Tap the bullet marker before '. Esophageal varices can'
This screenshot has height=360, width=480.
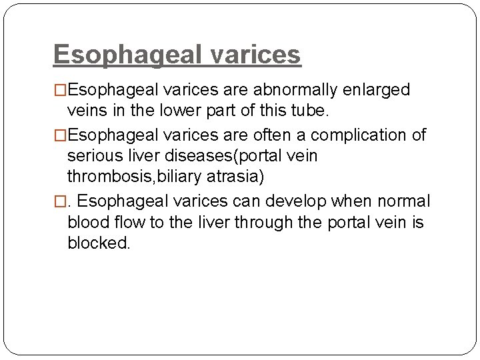pos(60,201)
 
